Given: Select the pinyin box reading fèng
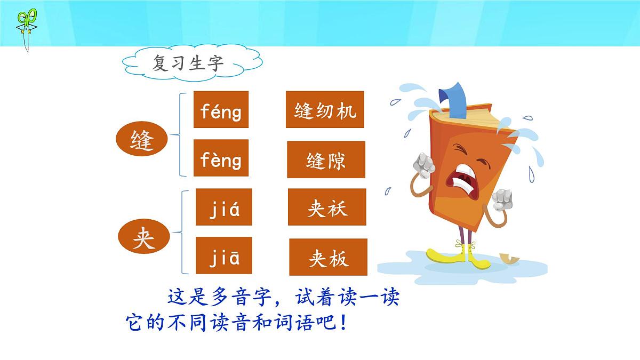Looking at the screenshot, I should coord(221,158).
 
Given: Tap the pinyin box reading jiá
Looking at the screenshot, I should coord(224,207).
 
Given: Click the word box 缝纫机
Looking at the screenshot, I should coord(325,110).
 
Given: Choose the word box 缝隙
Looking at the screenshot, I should coord(326,159).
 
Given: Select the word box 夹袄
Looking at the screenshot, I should coord(327,207).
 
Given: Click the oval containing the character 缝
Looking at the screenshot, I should coord(142,141).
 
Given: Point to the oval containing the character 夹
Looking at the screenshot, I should coord(143,240).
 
